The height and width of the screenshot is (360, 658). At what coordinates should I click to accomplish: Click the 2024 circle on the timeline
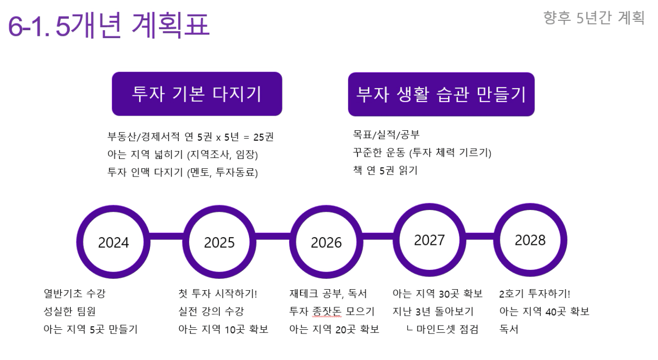click(x=114, y=242)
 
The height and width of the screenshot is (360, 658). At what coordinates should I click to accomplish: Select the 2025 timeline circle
click(x=219, y=242)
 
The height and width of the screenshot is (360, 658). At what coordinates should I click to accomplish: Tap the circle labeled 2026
click(x=326, y=242)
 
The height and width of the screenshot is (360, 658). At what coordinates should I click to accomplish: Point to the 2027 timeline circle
click(x=429, y=240)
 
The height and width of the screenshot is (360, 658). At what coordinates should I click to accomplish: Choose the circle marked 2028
click(x=530, y=240)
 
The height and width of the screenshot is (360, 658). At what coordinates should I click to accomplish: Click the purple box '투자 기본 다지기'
click(x=197, y=94)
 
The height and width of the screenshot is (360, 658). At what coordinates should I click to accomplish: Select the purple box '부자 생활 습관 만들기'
click(x=441, y=94)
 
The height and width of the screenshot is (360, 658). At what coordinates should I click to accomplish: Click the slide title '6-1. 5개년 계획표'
click(x=109, y=25)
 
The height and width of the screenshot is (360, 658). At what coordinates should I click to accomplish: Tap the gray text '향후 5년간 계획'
click(x=594, y=18)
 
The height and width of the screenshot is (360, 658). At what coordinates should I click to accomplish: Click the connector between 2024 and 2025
click(x=166, y=236)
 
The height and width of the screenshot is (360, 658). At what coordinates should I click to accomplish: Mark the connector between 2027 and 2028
click(x=480, y=236)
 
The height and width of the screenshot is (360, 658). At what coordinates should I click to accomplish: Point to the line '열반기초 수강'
click(x=75, y=293)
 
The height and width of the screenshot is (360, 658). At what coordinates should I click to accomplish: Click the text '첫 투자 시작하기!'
click(x=218, y=293)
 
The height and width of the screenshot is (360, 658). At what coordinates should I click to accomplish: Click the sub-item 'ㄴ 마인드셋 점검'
click(x=442, y=329)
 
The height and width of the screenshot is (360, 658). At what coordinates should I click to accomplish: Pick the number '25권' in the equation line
click(x=264, y=137)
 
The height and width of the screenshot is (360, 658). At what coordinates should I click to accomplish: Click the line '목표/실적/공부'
click(x=386, y=135)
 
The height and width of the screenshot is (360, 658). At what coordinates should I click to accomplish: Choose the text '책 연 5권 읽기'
click(x=385, y=170)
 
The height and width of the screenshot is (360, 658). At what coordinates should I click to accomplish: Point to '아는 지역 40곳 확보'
click(x=544, y=312)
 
